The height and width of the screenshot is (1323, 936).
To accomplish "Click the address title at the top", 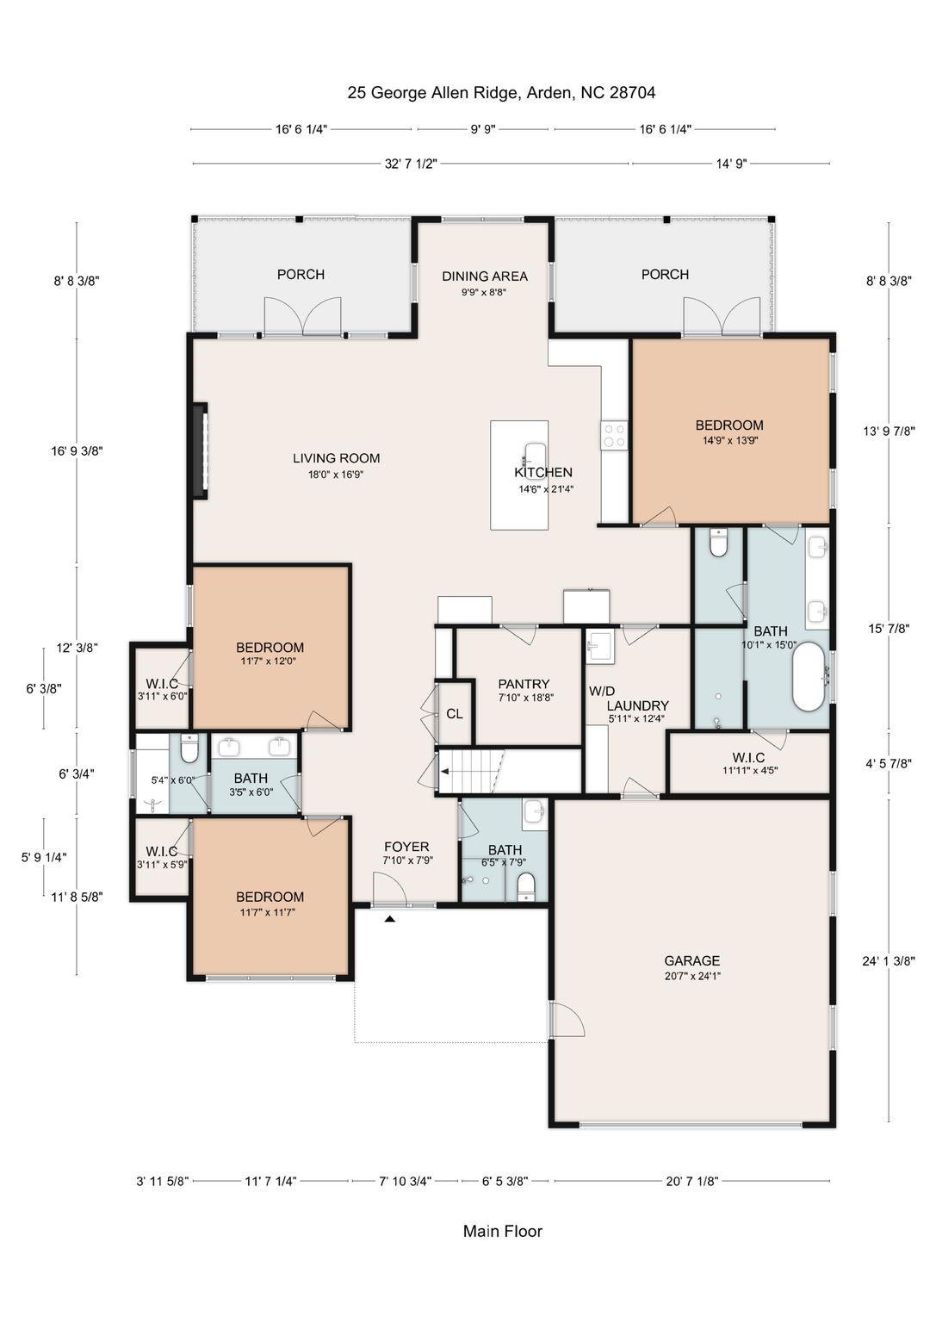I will coord(501,92).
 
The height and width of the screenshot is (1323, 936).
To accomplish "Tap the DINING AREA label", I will coord(485,276).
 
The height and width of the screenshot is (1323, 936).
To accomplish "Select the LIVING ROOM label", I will coord(336,458).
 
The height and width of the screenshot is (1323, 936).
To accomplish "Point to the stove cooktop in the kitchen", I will coord(615,435).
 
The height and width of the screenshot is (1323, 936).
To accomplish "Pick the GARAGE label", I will coord(691,960).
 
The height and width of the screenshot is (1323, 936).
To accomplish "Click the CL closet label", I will coord(454,714).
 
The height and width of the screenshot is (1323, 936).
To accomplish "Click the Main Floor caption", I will coord(503,1231).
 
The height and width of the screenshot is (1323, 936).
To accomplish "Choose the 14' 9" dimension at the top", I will coord(731,164).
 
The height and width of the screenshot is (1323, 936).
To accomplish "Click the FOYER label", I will coord(406,847).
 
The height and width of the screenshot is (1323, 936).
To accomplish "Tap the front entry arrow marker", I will coord(390,919).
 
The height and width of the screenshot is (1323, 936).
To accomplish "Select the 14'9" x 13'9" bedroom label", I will coord(729,425).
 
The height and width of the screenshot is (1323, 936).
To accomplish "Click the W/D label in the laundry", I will coord(602,691).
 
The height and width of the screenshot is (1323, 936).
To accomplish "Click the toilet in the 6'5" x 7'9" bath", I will coord(526,886).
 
